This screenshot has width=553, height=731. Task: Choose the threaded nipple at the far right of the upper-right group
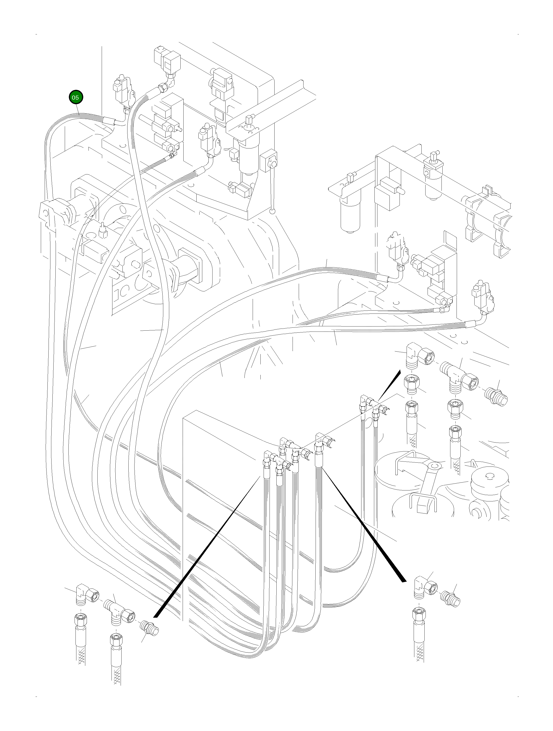[497, 396]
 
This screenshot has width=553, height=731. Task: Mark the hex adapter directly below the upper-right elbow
[410, 385]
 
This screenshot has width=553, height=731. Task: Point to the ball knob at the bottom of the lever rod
[272, 210]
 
